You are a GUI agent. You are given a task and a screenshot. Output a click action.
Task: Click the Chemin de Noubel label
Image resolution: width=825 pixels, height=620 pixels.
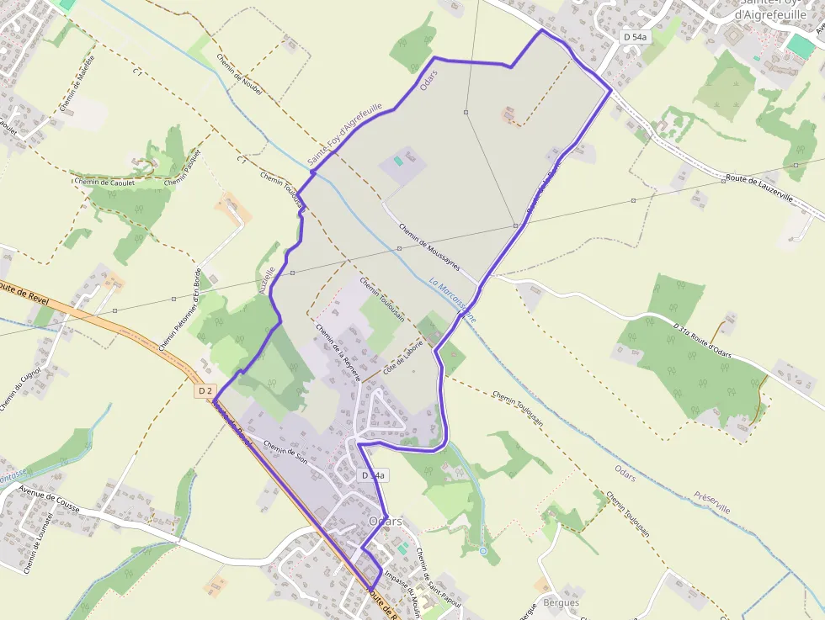tap(240, 74)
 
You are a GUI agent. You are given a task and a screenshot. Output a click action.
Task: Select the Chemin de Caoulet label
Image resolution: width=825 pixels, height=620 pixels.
tap(104, 180)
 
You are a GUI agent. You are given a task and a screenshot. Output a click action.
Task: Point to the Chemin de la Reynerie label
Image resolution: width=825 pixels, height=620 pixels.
tap(338, 352)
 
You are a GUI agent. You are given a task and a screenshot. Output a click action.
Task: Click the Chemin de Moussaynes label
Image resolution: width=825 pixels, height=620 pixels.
tap(429, 246)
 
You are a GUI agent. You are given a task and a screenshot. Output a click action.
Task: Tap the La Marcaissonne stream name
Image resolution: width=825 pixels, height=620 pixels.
tap(452, 301)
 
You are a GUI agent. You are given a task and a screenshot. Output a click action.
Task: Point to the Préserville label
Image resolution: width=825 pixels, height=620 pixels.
tap(712, 503)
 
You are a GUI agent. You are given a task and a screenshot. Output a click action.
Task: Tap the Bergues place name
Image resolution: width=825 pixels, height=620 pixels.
tap(562, 602)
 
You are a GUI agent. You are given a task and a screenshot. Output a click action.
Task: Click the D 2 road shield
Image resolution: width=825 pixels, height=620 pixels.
tap(205, 391)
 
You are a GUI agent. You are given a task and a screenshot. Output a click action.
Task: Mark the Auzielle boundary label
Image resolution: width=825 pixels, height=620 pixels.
tap(267, 278)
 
